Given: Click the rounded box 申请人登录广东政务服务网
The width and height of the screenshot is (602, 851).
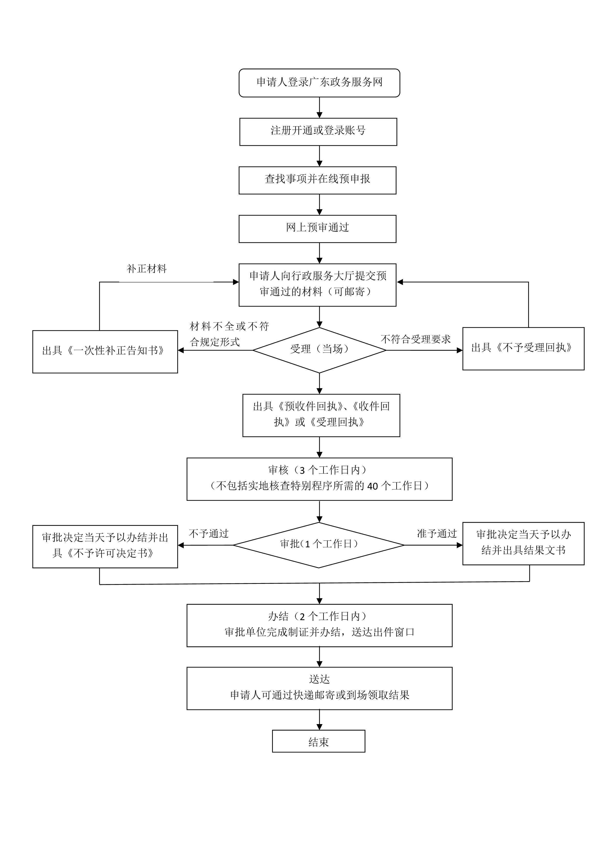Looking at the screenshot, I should tap(319, 83).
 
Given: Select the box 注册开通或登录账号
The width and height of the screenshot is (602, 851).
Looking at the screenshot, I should tap(318, 132).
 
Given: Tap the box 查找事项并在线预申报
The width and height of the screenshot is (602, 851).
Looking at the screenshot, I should tap(317, 180).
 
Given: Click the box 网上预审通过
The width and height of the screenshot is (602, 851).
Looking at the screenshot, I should tap(317, 229).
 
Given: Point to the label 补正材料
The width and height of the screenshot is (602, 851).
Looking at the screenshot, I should tap(147, 269).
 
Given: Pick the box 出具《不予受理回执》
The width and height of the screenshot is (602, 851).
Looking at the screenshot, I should tap(523, 348).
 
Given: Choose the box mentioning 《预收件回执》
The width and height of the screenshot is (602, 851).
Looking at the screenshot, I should tap(321, 415).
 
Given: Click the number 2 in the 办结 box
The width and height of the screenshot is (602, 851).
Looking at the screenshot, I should tap(302, 617).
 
